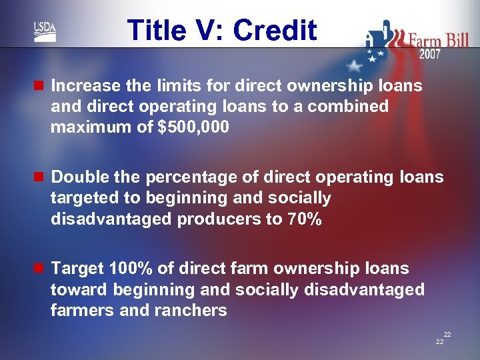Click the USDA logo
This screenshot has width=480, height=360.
tap(45, 31)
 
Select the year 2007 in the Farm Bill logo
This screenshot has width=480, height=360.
tap(429, 54)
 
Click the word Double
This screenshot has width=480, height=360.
tap(75, 177)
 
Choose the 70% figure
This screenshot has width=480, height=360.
tap(303, 219)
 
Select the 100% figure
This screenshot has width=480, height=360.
tap(131, 269)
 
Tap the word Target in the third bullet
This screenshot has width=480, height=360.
tap(75, 269)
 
